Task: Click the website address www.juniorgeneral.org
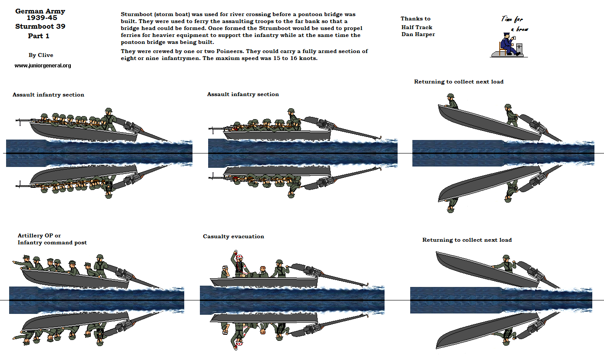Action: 43,66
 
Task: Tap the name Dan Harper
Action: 418,34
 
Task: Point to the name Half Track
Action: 417,27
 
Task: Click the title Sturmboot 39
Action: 40,26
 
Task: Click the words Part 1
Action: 39,36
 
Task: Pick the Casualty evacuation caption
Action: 233,237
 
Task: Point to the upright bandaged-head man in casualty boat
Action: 225,271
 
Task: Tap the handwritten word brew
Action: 522,30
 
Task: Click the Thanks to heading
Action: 415,19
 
